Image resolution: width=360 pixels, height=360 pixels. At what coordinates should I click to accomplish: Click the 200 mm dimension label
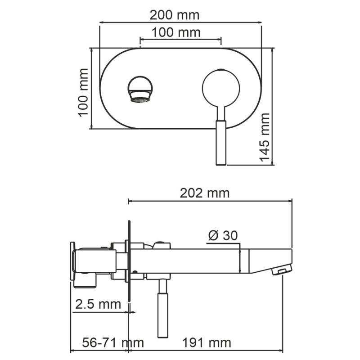point(174,15)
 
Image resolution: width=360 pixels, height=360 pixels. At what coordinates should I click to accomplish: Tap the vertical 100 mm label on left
point(83,92)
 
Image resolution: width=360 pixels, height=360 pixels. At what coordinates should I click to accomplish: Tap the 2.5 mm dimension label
point(98,304)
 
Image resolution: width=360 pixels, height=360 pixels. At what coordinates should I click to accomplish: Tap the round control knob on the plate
point(220,88)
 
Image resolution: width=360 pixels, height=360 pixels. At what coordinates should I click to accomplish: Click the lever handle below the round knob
point(221,142)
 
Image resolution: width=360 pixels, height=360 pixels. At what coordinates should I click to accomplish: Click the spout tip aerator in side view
point(281,271)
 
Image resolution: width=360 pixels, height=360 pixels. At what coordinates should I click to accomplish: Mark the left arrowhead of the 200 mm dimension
point(101,22)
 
